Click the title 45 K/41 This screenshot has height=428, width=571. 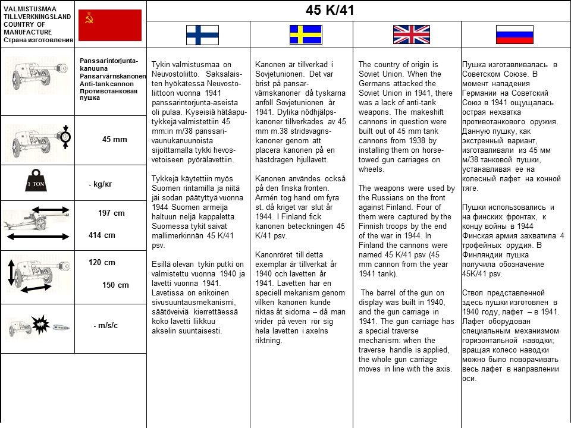pyautogui.click(x=330, y=10)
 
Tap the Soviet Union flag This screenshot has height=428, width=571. pyautogui.click(x=110, y=25)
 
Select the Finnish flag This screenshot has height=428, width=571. pyautogui.click(x=202, y=34)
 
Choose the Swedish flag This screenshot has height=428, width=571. pyautogui.click(x=305, y=34)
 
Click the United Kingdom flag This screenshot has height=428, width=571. pyautogui.click(x=411, y=34)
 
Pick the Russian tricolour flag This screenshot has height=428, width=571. pyautogui.click(x=514, y=34)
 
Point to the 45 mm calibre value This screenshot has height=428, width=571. pyautogui.click(x=114, y=139)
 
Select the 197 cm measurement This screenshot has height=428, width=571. pyautogui.click(x=111, y=213)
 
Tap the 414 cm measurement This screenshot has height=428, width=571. pyautogui.click(x=102, y=235)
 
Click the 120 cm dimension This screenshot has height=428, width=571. pyautogui.click(x=102, y=262)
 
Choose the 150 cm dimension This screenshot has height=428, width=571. pyautogui.click(x=115, y=285)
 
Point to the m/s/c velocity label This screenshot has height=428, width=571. pyautogui.click(x=106, y=325)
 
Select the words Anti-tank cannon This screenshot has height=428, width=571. pyautogui.click(x=106, y=84)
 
